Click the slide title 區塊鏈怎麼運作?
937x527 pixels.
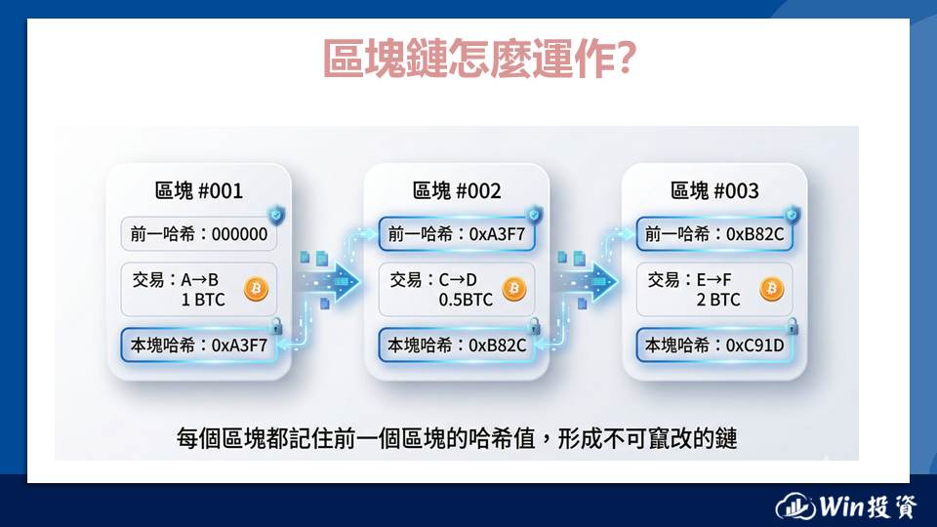point(479,58)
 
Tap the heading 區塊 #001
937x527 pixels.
point(199,190)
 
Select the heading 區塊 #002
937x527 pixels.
point(457,190)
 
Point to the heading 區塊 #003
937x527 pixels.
point(714,190)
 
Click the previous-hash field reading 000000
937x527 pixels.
point(199,233)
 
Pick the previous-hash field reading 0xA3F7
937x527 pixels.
point(457,233)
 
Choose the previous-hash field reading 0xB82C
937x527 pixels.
point(714,233)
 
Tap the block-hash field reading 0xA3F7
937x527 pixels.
point(199,345)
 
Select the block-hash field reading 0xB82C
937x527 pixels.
point(457,345)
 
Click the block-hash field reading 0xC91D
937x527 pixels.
point(714,345)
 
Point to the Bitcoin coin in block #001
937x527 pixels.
point(257,289)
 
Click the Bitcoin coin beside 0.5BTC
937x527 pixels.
point(514,289)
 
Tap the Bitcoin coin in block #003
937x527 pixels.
point(771,289)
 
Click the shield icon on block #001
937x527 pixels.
point(276,215)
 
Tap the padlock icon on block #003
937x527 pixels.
point(793,326)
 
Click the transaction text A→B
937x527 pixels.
point(199,280)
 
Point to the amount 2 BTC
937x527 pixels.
point(718,300)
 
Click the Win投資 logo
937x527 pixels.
point(846,507)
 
